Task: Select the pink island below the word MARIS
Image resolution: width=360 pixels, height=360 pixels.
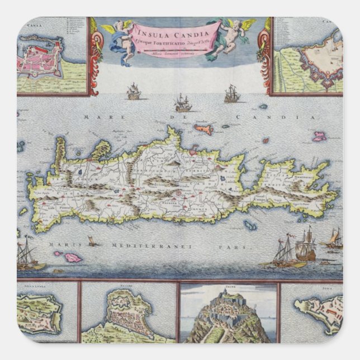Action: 73,258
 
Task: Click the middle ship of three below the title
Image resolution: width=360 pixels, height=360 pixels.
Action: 183,102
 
